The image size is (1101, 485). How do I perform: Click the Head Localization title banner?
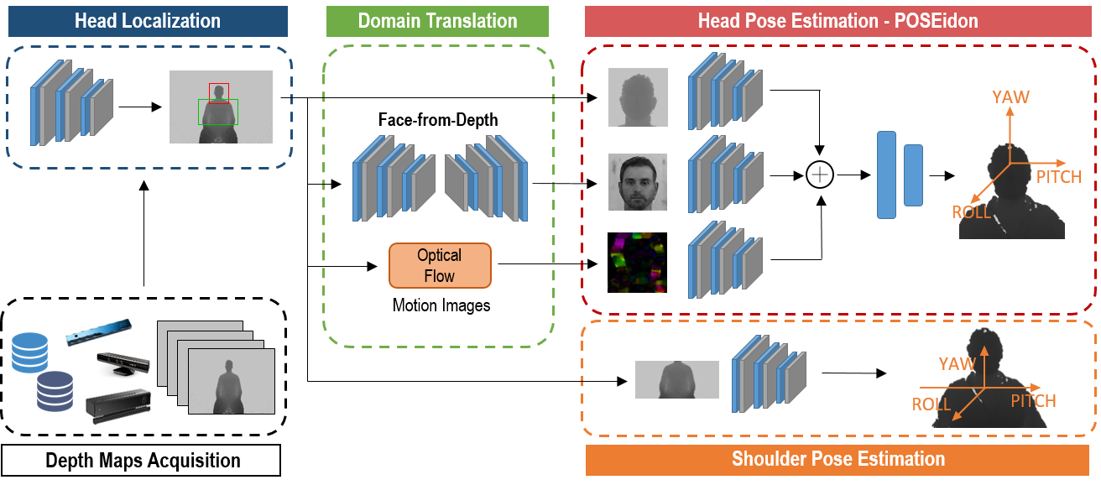[x=148, y=21]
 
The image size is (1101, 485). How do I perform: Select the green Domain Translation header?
[x=437, y=21]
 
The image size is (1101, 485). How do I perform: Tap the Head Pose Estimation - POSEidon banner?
[x=837, y=21]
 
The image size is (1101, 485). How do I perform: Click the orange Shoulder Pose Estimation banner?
[x=837, y=459]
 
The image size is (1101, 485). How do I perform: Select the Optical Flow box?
[x=439, y=265]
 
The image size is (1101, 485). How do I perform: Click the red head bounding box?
[x=219, y=92]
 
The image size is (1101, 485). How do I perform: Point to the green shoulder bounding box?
[x=217, y=112]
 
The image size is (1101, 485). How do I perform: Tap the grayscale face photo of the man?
[x=638, y=182]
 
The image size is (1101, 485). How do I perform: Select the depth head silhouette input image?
[x=638, y=97]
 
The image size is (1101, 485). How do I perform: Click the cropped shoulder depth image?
[x=676, y=379]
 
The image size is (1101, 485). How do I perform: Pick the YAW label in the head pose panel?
[x=1010, y=97]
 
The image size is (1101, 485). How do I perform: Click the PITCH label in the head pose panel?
[x=1058, y=177]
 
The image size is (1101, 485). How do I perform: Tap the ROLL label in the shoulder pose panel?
[x=931, y=404]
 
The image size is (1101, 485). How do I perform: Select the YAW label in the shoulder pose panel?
[x=957, y=364]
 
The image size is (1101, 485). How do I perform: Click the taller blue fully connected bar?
[x=886, y=175]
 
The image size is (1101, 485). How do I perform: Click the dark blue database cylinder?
[x=55, y=391]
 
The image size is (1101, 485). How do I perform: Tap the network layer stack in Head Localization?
[x=71, y=102]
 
